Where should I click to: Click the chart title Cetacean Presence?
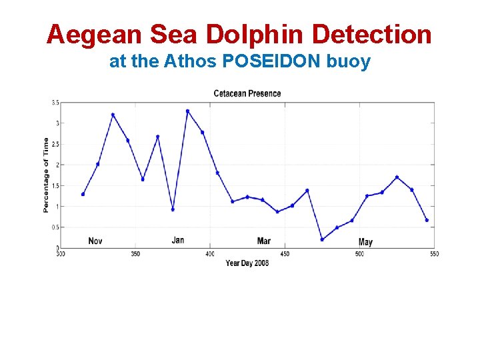click(x=247, y=93)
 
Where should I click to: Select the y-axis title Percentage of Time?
click(x=46, y=175)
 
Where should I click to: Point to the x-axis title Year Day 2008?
click(x=247, y=263)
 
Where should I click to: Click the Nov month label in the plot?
click(x=96, y=241)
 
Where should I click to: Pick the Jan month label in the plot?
click(x=178, y=240)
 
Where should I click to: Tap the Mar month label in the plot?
click(x=264, y=241)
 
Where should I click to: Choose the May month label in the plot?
click(x=365, y=242)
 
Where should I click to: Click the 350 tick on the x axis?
click(x=135, y=254)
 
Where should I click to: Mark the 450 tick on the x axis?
click(x=285, y=254)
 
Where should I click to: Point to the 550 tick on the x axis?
click(x=434, y=254)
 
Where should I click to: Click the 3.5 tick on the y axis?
click(x=55, y=103)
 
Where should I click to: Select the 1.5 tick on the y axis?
click(x=55, y=186)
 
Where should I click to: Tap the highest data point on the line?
click(x=187, y=111)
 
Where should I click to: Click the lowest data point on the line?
click(x=322, y=239)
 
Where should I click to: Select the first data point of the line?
click(x=83, y=194)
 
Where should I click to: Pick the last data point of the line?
click(x=427, y=220)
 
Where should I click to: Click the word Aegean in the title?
click(x=87, y=34)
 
